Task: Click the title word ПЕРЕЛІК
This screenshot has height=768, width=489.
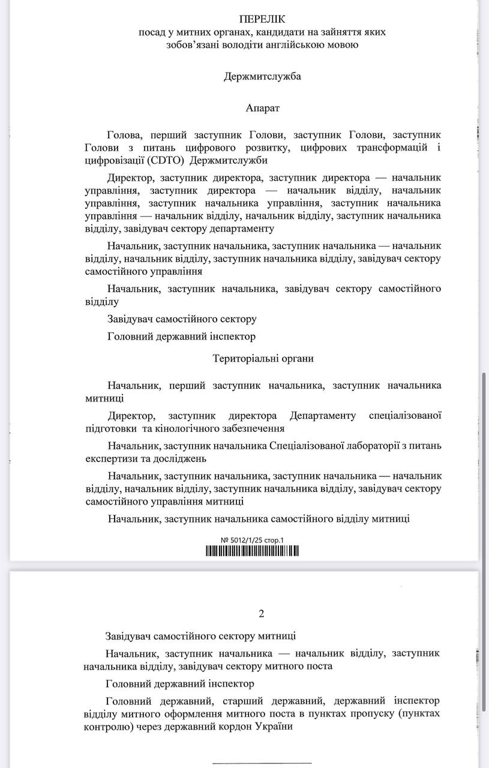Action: [262, 20]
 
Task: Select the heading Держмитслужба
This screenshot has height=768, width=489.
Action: [262, 77]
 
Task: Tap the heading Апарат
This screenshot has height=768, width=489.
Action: [262, 108]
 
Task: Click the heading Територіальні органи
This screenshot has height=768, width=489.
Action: [263, 358]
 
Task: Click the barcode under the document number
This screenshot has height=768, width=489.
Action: [253, 551]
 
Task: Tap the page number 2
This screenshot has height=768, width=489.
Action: [261, 613]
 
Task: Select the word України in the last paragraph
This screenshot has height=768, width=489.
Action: [274, 727]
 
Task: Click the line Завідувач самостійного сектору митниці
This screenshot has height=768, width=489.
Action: [200, 636]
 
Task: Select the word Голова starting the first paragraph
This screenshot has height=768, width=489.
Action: [124, 134]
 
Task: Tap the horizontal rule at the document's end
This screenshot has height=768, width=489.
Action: [262, 763]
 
